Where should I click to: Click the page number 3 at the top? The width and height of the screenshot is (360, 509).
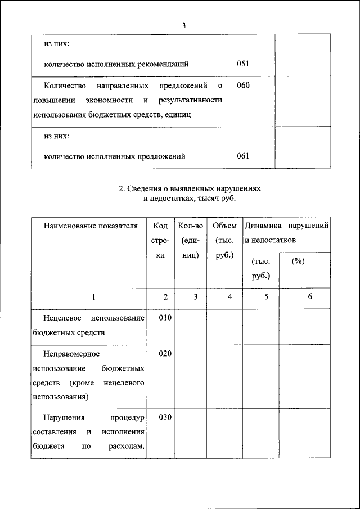(184, 25)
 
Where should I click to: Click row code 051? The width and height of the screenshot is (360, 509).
(243, 64)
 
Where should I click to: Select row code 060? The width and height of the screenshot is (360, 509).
(243, 85)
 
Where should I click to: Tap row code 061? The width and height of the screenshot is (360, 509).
(243, 156)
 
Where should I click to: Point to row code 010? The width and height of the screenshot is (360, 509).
(164, 318)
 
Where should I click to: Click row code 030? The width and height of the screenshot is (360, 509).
(164, 418)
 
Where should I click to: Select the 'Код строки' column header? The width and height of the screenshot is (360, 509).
(160, 240)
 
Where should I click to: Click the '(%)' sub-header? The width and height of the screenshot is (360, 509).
(298, 262)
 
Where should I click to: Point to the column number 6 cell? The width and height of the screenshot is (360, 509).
(309, 298)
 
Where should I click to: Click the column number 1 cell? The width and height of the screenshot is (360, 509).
(93, 298)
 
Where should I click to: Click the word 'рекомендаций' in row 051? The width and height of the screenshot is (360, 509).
(165, 64)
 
